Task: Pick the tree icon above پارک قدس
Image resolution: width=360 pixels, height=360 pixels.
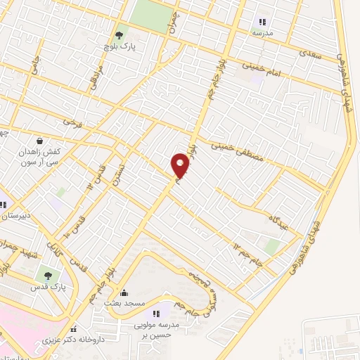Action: click(49, 275)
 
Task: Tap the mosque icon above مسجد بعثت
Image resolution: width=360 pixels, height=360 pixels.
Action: click(124, 292)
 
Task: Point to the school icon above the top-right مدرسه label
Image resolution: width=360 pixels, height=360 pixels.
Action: click(263, 21)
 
